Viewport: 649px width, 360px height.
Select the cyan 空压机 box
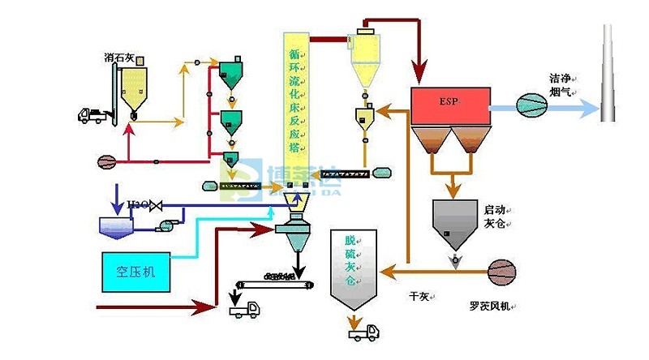tap(135, 272)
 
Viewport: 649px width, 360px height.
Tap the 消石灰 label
tap(119, 58)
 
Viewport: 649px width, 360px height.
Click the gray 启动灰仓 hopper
tap(454, 222)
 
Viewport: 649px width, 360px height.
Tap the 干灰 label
tap(419, 297)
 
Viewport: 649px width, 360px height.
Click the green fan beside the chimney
tap(534, 104)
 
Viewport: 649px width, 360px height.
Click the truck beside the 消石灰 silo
tap(91, 115)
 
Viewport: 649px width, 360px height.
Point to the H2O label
tap(139, 206)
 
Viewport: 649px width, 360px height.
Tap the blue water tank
tap(118, 226)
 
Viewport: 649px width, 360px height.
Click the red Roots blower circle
tap(501, 271)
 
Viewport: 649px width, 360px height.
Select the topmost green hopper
tap(231, 74)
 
